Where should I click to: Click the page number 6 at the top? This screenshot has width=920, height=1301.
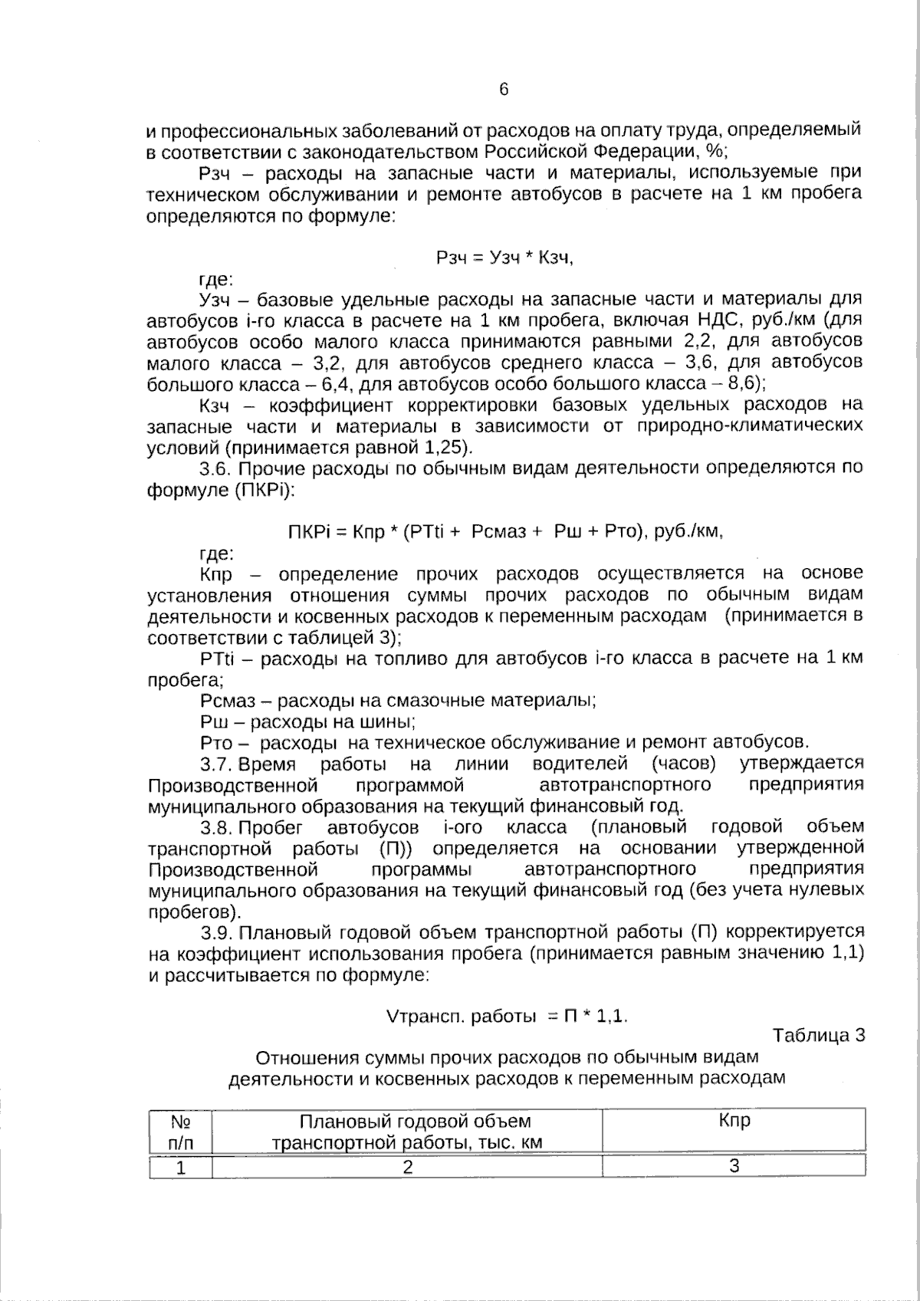504,90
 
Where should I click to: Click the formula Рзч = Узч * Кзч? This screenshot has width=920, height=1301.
504,258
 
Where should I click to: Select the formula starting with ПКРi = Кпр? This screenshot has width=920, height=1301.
504,531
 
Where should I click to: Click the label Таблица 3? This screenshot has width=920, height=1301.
819,1036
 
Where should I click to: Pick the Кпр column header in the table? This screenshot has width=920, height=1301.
734,1120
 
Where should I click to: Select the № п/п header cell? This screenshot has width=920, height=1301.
180,1132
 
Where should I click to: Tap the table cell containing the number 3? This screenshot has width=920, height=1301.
734,1167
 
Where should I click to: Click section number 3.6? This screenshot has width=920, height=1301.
215,468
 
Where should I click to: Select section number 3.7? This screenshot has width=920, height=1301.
215,764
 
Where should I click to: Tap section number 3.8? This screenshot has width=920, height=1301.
215,828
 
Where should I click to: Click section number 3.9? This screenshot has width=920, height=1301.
215,933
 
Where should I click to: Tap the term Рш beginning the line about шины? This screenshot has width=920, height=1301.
214,722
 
